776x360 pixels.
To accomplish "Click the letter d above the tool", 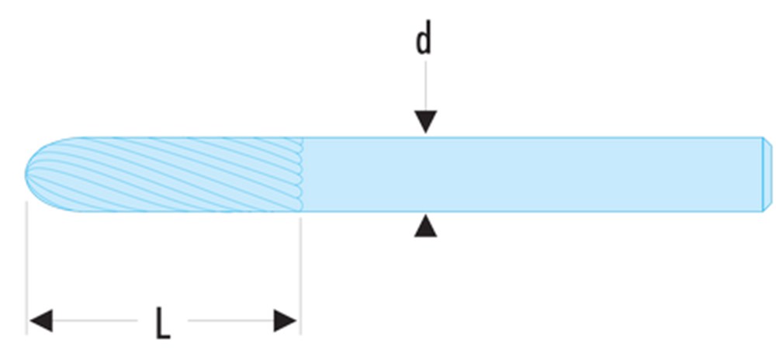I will click(x=424, y=40).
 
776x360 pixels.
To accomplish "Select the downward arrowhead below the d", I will click(x=424, y=123).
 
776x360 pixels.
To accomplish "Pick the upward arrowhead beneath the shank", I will click(x=424, y=226).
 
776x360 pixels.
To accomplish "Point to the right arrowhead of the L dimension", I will click(x=285, y=320).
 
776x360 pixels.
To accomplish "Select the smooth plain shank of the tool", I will click(x=528, y=174).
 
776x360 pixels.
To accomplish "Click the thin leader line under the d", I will click(x=424, y=85).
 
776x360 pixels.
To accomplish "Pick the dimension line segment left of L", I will click(x=93, y=320).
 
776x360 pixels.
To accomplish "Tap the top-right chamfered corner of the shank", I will click(x=765, y=140).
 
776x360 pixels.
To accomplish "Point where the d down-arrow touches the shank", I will click(x=424, y=135).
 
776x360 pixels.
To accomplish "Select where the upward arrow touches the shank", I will click(x=424, y=215).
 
